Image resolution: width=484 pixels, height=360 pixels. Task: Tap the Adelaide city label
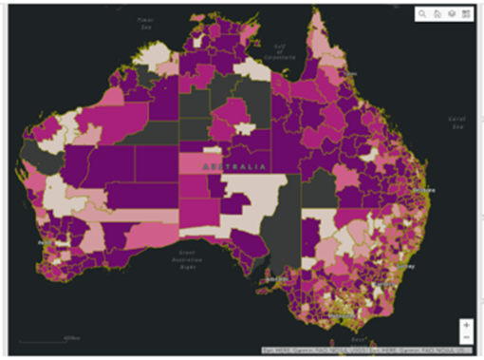(277, 281)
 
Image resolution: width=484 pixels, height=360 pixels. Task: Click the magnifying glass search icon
(422, 14)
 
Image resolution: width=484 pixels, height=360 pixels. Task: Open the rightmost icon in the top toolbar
(466, 14)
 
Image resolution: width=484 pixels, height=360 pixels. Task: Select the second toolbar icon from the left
(437, 14)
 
